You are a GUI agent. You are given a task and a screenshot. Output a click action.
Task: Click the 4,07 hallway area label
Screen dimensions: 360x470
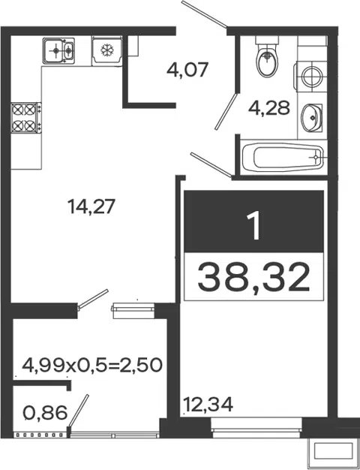coord(187,70)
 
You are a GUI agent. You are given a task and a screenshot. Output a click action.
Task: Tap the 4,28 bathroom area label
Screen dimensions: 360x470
coord(269,108)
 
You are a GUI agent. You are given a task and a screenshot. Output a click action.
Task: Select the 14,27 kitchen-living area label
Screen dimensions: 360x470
coord(91,206)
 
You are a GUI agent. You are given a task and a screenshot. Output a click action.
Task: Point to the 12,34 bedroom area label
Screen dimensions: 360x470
coord(208,405)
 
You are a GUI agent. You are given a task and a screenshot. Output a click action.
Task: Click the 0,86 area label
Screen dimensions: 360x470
coord(45,413)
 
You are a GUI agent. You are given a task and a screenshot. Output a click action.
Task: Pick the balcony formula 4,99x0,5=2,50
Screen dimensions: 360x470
coord(92,365)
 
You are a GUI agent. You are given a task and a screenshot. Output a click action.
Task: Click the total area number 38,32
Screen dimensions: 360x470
coord(253,276)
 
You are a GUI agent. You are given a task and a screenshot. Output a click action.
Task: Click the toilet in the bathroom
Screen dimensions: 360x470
coord(268,56)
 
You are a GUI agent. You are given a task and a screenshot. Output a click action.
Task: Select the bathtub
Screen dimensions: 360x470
coord(283,158)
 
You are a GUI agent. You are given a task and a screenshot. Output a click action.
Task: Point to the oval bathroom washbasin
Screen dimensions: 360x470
coord(311,117)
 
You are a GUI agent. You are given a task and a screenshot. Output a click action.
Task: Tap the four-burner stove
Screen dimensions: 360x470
coord(26,117)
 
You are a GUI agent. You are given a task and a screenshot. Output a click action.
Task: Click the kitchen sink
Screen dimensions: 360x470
coord(58,50)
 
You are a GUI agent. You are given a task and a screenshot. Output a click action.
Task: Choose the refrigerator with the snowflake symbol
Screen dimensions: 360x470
coord(107,50)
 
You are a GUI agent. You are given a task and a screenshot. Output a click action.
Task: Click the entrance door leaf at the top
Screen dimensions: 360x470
coord(205,14)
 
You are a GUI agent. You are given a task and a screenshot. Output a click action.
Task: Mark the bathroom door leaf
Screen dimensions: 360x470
coord(226,112)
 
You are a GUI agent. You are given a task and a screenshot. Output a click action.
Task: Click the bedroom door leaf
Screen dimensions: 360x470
coord(211,164)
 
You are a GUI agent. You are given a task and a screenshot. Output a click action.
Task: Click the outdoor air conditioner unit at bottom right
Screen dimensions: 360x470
coord(333,450)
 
